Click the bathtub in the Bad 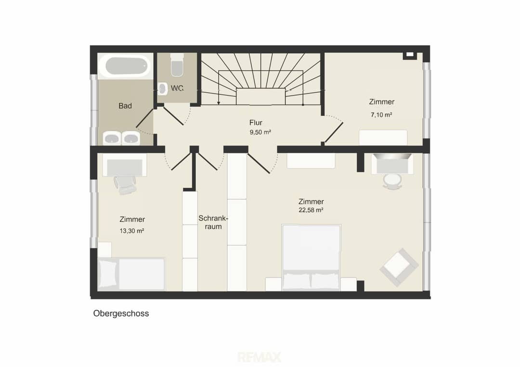[x=126, y=66]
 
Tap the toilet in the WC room [x=177, y=65]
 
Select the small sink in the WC [x=163, y=89]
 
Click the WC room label [x=177, y=89]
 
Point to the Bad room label [x=125, y=106]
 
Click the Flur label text [x=256, y=123]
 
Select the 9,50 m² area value [x=260, y=132]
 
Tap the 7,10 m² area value [x=381, y=115]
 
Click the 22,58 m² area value [x=311, y=210]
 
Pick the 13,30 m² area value [x=131, y=231]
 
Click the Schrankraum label [x=213, y=223]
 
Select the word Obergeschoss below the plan [x=121, y=313]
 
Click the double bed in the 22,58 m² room [x=311, y=258]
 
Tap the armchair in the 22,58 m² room [x=400, y=267]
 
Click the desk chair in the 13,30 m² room [x=125, y=185]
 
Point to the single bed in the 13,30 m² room [x=131, y=274]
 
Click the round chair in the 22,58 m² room [x=392, y=181]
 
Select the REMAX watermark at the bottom [x=260, y=357]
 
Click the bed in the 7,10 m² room [x=383, y=138]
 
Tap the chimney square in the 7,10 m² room [x=410, y=55]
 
